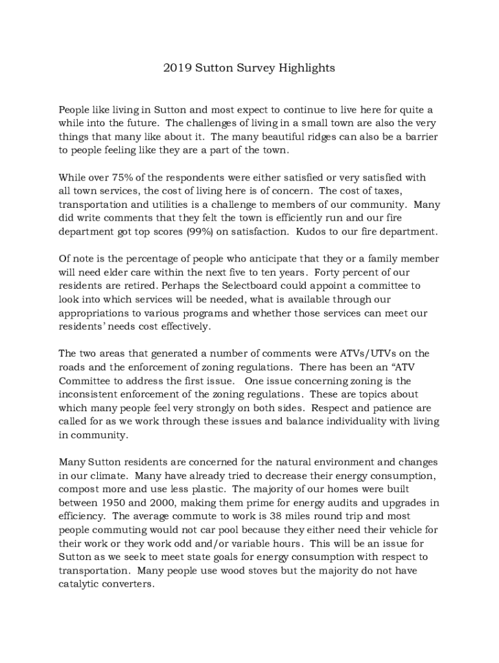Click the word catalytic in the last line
click(80, 584)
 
